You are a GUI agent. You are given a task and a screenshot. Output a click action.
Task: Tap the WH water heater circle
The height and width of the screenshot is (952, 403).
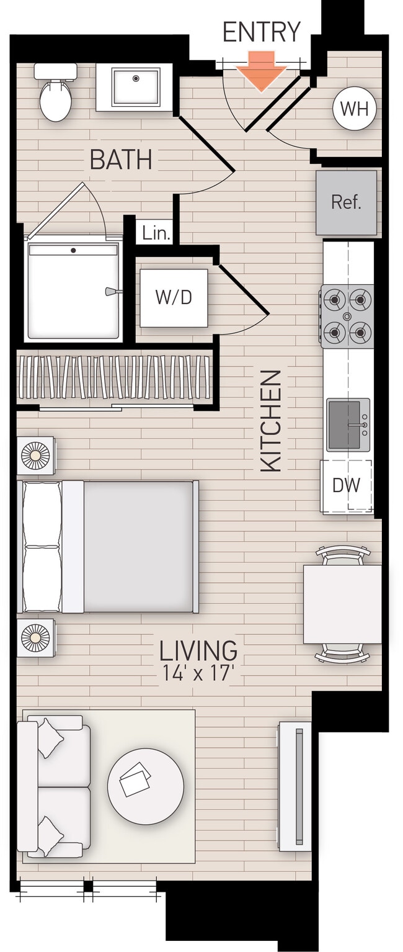[x=354, y=109]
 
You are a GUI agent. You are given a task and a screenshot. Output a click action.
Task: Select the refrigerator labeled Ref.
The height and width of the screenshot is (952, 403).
[x=346, y=202]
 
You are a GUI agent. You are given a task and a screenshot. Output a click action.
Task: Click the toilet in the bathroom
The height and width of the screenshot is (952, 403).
[x=55, y=93]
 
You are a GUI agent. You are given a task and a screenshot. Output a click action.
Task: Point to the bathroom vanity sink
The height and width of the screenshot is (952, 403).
[x=135, y=87]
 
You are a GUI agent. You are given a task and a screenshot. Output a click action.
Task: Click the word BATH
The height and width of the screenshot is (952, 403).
[x=121, y=160]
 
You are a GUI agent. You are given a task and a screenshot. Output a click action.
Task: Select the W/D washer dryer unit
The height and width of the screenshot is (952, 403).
[x=174, y=297]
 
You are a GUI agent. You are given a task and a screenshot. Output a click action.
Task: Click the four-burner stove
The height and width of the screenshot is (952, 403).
[x=347, y=315]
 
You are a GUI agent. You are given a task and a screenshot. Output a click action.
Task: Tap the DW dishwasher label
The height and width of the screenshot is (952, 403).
[x=346, y=485]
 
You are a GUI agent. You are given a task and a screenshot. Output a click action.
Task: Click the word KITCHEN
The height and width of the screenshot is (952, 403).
[x=271, y=420]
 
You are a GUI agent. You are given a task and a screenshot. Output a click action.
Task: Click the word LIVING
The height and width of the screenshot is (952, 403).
[x=198, y=650]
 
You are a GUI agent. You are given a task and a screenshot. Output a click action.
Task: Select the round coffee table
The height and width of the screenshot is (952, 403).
[x=145, y=786]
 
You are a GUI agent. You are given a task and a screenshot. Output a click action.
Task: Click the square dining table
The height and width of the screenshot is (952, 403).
[x=342, y=604]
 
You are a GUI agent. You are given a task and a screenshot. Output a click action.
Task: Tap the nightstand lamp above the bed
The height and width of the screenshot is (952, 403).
[x=35, y=456]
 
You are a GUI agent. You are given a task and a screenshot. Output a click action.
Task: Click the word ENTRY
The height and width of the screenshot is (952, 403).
[x=261, y=32]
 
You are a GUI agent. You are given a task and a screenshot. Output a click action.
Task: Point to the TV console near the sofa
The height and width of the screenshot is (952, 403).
[x=294, y=786]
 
